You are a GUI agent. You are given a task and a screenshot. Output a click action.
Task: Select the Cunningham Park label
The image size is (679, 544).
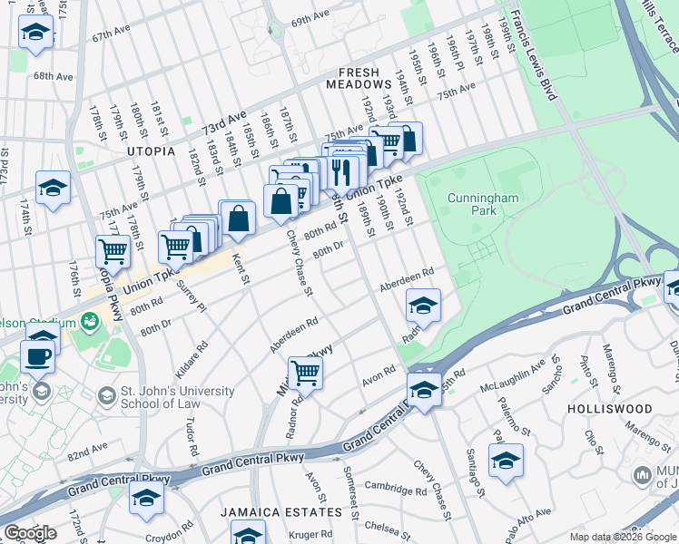coord(473,202)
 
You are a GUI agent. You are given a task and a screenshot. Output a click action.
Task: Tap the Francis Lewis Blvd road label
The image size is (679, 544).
coord(536,54)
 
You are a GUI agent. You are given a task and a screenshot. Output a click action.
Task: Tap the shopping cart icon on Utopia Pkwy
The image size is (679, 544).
coord(113,249)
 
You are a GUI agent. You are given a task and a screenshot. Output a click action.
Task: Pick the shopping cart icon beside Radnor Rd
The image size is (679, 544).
coord(305,372)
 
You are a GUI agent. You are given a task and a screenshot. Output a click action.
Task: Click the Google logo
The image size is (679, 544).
coord(30,533)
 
